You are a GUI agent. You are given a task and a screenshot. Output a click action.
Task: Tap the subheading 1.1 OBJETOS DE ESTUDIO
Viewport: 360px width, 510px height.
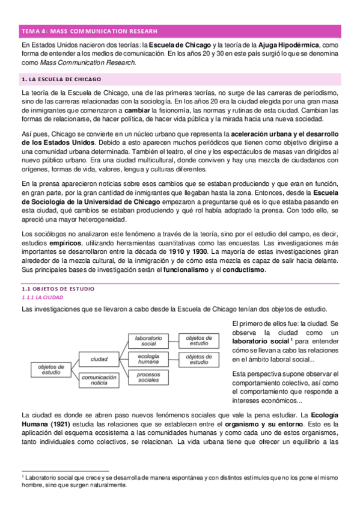tap(55, 289)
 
